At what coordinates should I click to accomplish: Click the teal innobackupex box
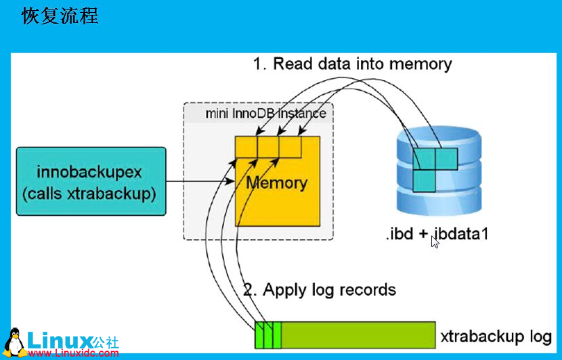pos(89,182)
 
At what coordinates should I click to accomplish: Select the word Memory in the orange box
pos(276,183)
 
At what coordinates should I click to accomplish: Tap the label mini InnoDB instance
pos(265,113)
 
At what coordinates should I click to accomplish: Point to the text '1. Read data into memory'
pos(352,64)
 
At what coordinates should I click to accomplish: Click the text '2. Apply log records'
pos(320,290)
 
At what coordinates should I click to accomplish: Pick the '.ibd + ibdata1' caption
pos(437,235)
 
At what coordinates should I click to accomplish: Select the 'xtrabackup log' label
pos(496,336)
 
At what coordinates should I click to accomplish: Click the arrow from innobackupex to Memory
pos(200,182)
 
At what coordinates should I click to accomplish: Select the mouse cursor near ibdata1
pos(434,241)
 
